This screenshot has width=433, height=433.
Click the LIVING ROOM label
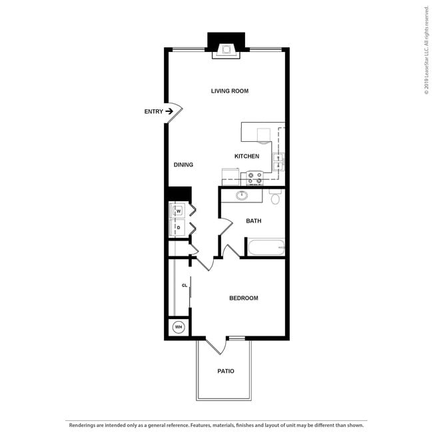click(x=230, y=91)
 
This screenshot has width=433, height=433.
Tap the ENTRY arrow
click(x=169, y=111)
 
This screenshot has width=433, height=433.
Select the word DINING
click(x=183, y=165)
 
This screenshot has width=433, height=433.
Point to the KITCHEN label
click(x=246, y=157)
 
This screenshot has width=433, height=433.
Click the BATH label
click(x=253, y=220)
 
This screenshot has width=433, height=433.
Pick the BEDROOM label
click(x=243, y=298)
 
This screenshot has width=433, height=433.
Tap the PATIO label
click(x=226, y=371)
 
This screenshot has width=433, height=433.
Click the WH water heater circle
click(x=178, y=327)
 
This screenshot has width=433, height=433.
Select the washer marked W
click(x=178, y=211)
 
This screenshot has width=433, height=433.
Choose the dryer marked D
click(x=178, y=228)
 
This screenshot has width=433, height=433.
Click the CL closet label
click(x=185, y=286)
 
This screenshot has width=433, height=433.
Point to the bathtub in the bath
click(x=266, y=248)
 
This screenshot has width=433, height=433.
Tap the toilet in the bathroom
click(x=276, y=197)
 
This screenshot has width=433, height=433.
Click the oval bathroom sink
click(x=242, y=196)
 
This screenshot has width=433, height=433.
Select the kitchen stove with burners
click(x=254, y=178)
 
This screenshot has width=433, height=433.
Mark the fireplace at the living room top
click(x=226, y=48)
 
